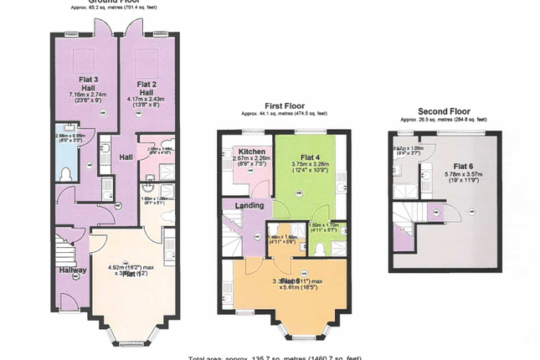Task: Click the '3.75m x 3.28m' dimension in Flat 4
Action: (x=311, y=166)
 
